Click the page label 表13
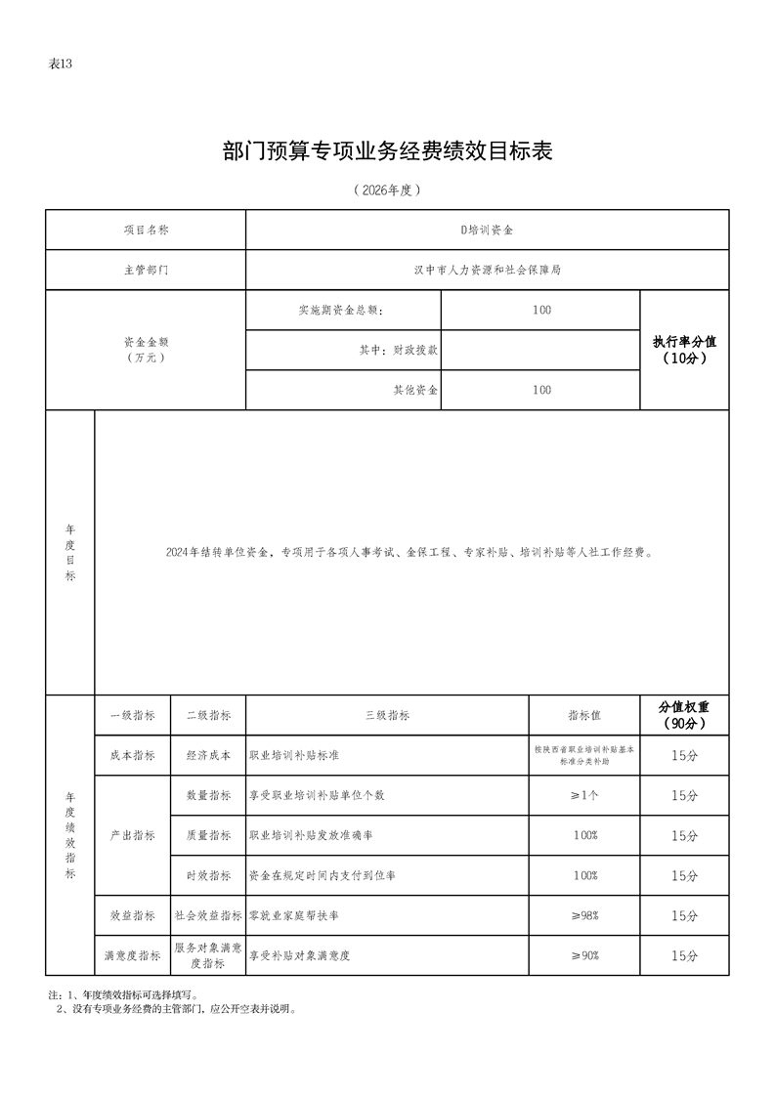[61, 64]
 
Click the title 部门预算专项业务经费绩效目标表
[388, 151]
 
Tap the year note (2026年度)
[388, 190]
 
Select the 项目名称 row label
[146, 230]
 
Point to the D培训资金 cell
[487, 230]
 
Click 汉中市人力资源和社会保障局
[487, 270]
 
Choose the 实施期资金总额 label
[341, 311]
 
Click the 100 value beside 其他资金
[541, 390]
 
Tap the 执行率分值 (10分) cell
[684, 350]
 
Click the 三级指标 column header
[387, 715]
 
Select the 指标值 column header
[584, 715]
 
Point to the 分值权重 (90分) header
[684, 715]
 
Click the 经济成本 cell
[208, 755]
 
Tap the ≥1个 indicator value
[584, 795]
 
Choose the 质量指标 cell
[208, 835]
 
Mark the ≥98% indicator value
[584, 915]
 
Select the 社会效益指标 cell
[208, 915]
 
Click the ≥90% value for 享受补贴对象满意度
[584, 955]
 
